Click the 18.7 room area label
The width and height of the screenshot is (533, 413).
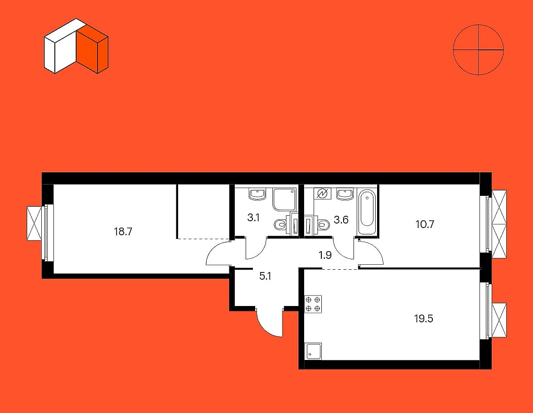click(x=123, y=232)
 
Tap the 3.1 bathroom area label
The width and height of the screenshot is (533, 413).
click(x=253, y=218)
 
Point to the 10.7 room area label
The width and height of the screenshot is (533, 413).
click(x=424, y=224)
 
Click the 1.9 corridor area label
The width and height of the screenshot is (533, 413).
click(x=325, y=255)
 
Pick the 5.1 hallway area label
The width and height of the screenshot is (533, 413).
click(x=265, y=276)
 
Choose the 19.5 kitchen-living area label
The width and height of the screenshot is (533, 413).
click(x=424, y=318)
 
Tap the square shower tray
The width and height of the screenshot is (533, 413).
click(x=284, y=200)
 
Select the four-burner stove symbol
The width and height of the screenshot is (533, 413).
click(x=313, y=304)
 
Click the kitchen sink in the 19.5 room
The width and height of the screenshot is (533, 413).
click(x=313, y=351)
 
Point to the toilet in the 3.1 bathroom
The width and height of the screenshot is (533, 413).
click(x=281, y=224)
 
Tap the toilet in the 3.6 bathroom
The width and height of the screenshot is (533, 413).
click(x=323, y=224)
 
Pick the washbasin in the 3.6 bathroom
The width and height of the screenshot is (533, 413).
click(x=345, y=194)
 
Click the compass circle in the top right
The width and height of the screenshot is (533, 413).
click(x=478, y=49)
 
